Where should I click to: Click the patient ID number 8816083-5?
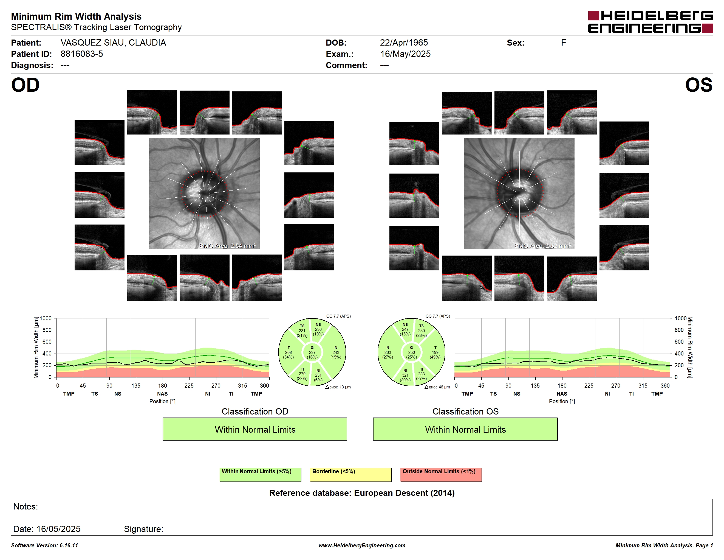pyautogui.click(x=81, y=54)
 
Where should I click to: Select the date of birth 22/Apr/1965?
pyautogui.click(x=404, y=43)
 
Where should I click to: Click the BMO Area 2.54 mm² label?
pyautogui.click(x=227, y=246)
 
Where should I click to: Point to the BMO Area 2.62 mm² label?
pyautogui.click(x=542, y=246)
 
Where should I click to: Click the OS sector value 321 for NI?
pyautogui.click(x=405, y=375)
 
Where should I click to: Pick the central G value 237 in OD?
pyautogui.click(x=312, y=352)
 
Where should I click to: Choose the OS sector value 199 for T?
pyautogui.click(x=435, y=352)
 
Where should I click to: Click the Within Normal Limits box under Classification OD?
pyautogui.click(x=254, y=429)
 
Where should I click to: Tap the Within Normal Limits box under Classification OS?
pyautogui.click(x=465, y=429)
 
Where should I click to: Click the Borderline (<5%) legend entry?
pyautogui.click(x=350, y=474)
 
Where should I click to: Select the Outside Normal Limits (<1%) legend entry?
pyautogui.click(x=441, y=474)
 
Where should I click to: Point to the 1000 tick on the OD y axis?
pyautogui.click(x=46, y=318)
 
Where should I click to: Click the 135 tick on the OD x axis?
pyautogui.click(x=136, y=385)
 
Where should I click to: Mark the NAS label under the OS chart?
pyautogui.click(x=562, y=393)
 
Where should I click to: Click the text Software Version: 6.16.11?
pyautogui.click(x=44, y=545)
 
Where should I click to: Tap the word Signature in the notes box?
pyautogui.click(x=143, y=529)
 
